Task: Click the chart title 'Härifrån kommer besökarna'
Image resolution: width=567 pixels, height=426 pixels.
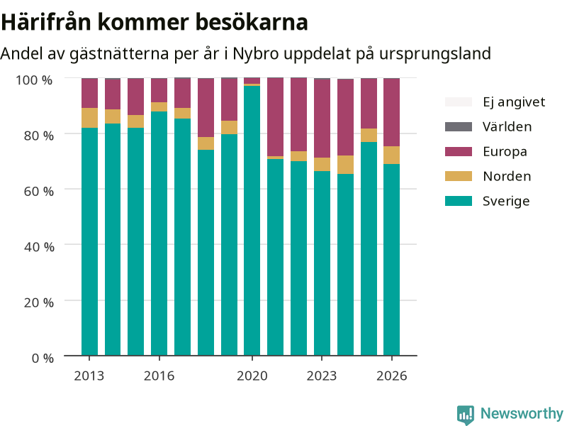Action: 155,22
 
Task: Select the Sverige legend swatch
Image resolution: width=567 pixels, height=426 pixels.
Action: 458,201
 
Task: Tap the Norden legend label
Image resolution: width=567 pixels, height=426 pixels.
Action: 507,176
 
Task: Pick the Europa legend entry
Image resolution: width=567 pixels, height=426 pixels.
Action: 486,151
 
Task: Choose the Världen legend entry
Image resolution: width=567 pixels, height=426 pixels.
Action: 488,127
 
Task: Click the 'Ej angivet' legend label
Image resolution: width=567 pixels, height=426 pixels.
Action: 514,102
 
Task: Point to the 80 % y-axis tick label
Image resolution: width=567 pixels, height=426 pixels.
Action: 39,136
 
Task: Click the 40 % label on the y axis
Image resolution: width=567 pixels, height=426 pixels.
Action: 39,247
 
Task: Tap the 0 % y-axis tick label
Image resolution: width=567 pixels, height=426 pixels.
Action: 43,359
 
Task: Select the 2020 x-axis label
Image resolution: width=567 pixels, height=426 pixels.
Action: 252,376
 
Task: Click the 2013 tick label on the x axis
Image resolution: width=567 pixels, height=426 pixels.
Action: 89,376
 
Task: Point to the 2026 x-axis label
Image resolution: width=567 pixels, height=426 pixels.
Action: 392,376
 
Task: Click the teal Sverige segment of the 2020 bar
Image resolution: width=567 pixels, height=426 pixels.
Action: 252,221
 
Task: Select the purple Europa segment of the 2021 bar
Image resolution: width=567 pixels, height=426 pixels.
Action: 275,117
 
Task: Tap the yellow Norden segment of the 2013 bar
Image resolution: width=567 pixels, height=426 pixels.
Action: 89,118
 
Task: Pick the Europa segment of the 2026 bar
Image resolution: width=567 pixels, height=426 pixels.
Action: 392,112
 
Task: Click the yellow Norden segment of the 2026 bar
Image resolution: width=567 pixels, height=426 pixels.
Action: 392,155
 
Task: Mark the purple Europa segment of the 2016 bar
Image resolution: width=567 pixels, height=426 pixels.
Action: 159,90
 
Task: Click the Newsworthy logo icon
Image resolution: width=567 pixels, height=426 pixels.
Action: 466,415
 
